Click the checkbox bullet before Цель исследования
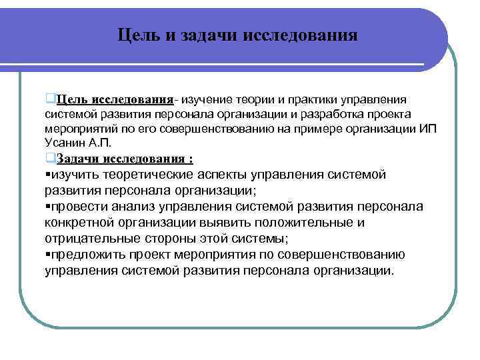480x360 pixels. (50, 99)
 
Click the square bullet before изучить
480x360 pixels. (48, 175)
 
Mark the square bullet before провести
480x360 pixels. (48, 207)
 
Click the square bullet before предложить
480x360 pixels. (48, 255)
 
